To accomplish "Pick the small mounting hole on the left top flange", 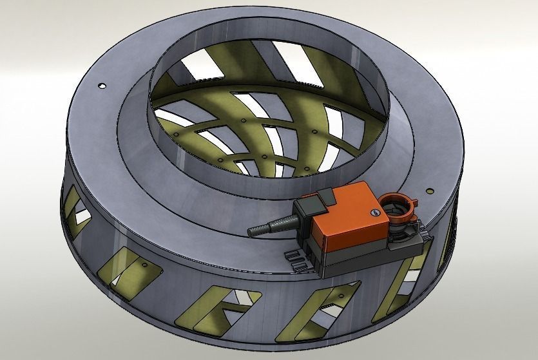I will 101,86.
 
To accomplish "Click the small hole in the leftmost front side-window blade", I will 141,265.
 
